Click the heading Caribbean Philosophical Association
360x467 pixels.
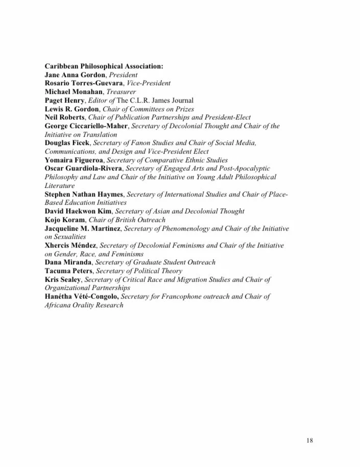104,66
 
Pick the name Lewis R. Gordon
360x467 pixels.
71,109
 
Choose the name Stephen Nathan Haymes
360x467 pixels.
84,194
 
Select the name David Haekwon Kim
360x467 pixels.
78,211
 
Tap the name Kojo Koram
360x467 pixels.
64,220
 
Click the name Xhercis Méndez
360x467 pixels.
70,245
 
